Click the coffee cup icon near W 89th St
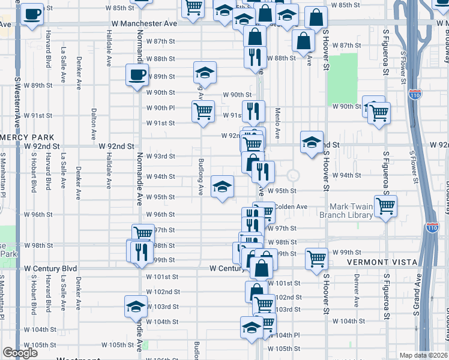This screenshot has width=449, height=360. (x=137, y=76)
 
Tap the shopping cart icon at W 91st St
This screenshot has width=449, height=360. (x=203, y=111)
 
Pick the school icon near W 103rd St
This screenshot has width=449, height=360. (x=136, y=307)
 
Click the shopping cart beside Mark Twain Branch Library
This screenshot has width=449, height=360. (x=386, y=206)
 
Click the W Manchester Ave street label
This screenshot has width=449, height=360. (x=144, y=23)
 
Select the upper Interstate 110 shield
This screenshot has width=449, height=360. (x=417, y=94)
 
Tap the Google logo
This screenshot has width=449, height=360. (x=20, y=353)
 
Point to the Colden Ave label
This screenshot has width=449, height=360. (x=292, y=207)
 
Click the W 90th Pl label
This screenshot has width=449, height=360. (x=160, y=108)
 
